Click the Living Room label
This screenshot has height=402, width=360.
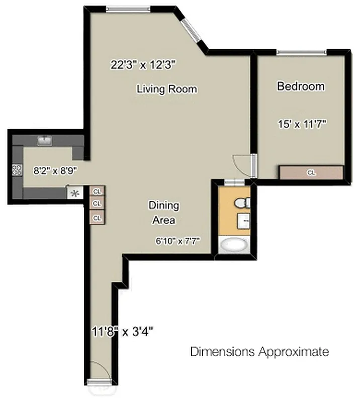pyautogui.click(x=166, y=89)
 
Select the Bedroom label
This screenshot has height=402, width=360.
pyautogui.click(x=301, y=86)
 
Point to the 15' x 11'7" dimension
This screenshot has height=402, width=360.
pyautogui.click(x=303, y=124)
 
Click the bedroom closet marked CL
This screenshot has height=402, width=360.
pyautogui.click(x=311, y=172)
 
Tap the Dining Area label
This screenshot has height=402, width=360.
pyautogui.click(x=163, y=212)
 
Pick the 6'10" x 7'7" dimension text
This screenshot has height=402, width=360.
pyautogui.click(x=177, y=241)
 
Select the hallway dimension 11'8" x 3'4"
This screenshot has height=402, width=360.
pyautogui.click(x=122, y=332)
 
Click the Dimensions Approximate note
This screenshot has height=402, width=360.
pyautogui.click(x=259, y=351)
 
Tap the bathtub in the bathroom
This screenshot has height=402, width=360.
pyautogui.click(x=234, y=245)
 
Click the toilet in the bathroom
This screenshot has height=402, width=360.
pyautogui.click(x=241, y=203)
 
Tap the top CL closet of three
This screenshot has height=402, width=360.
pyautogui.click(x=97, y=191)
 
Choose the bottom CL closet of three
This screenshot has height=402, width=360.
pyautogui.click(x=97, y=218)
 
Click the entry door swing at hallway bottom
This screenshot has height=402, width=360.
pyautogui.click(x=100, y=373)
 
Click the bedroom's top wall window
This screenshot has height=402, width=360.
pyautogui.click(x=301, y=52)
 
